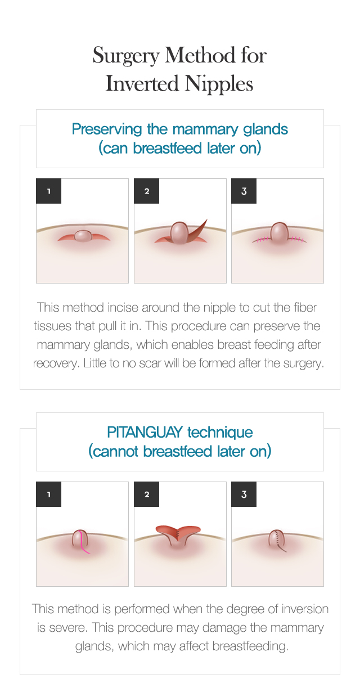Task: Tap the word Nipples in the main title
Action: pos(219,84)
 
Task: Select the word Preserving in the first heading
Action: pos(107,129)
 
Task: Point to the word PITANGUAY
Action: pos(145,432)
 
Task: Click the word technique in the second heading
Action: pos(220,432)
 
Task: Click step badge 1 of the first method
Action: pos(48,191)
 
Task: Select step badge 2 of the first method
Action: pos(147,191)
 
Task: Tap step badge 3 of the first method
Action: pos(244,191)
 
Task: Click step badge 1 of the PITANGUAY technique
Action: pos(48,494)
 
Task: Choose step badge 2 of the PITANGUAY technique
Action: pos(147,494)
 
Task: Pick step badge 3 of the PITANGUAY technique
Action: pos(244,494)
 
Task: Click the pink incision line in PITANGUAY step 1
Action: pos(83,543)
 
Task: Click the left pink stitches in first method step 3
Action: pos(262,239)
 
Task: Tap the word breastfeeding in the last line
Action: pos(250,646)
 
